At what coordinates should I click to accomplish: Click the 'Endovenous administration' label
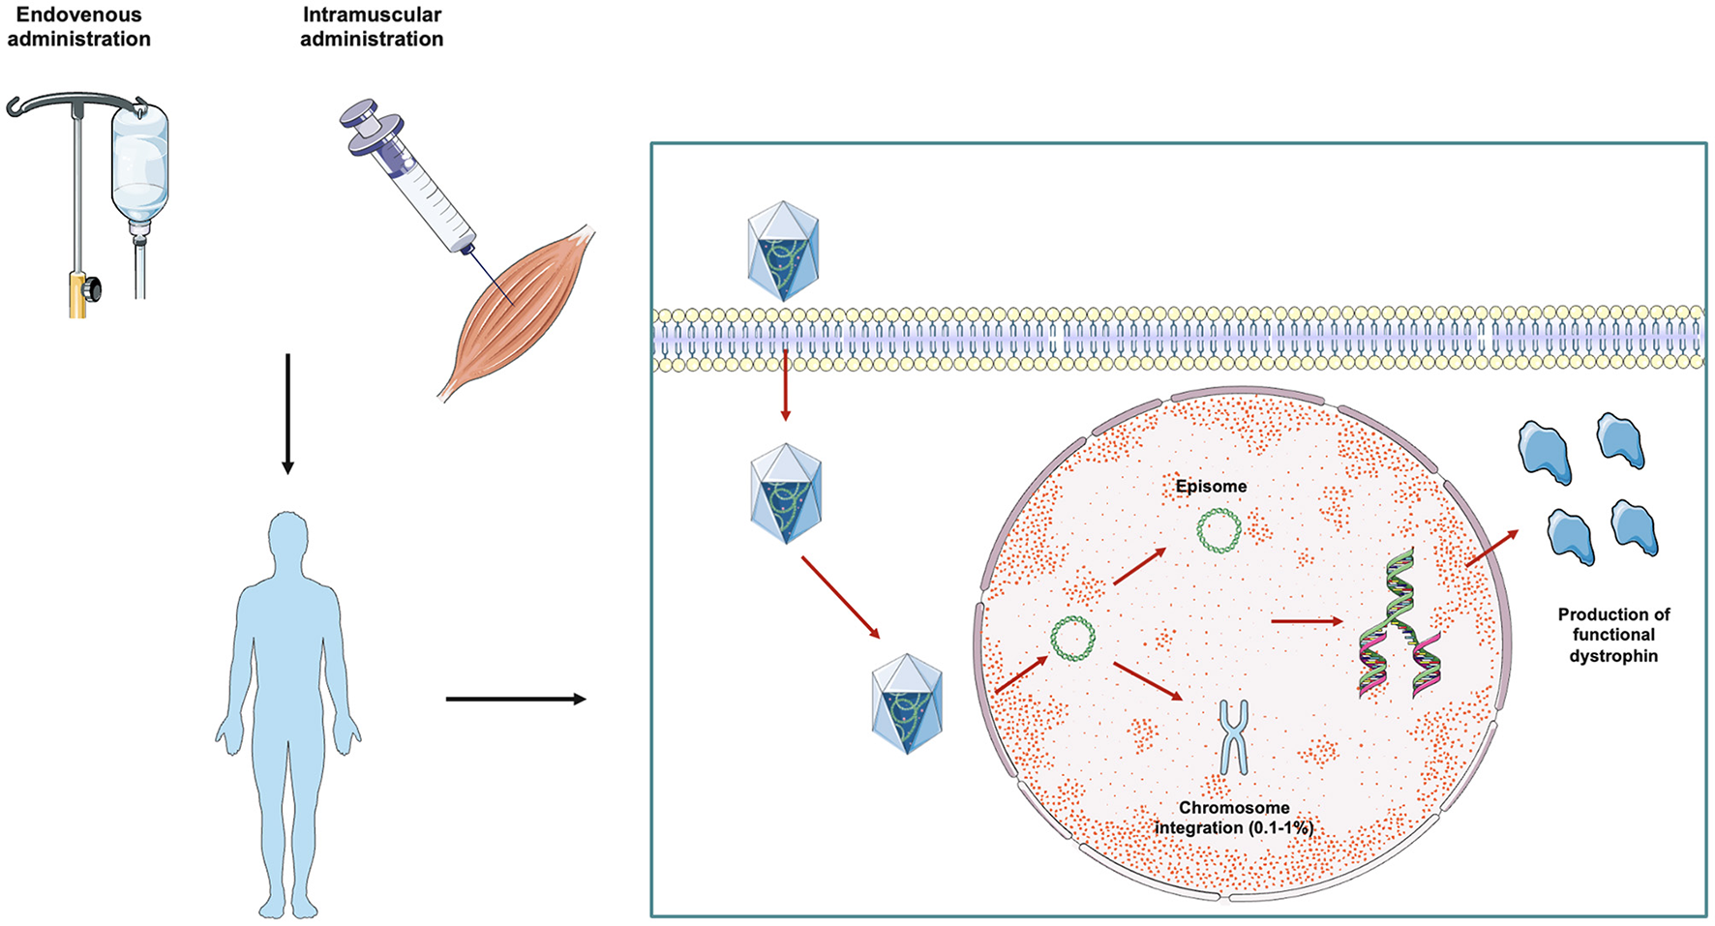[x=78, y=27]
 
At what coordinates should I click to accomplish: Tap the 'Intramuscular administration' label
[x=372, y=27]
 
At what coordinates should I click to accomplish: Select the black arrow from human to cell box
[x=516, y=699]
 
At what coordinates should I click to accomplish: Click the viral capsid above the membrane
[x=783, y=251]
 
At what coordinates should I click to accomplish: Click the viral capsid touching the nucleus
[x=906, y=703]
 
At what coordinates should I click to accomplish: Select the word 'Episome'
[x=1211, y=487]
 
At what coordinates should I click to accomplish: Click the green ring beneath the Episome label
[x=1219, y=531]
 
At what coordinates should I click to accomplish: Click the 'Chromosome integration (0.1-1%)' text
[x=1233, y=818]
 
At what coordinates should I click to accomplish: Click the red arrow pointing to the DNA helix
[x=1307, y=621]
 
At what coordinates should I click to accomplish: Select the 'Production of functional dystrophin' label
[x=1613, y=635]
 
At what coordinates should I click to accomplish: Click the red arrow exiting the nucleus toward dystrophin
[x=1491, y=548]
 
